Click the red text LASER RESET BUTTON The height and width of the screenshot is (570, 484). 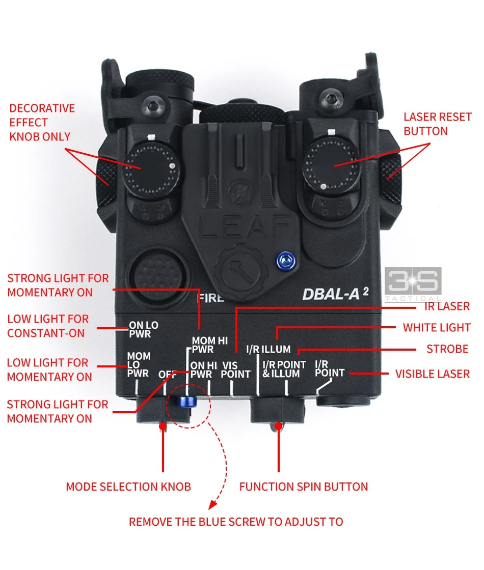coord(437,124)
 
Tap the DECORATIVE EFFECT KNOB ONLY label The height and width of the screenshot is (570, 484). coord(42,122)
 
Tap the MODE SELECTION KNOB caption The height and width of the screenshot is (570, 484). coord(128,487)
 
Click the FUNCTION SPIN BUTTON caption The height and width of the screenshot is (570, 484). coord(304,487)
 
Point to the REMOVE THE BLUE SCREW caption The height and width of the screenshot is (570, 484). coord(236,522)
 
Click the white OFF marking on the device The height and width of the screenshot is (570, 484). coord(168,375)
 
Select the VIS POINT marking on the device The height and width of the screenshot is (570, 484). coord(236,369)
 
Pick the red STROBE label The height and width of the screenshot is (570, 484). coord(448,349)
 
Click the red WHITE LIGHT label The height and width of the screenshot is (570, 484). coord(437,328)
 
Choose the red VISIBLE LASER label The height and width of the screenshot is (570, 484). coord(433,374)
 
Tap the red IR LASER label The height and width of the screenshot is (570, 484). coord(446,306)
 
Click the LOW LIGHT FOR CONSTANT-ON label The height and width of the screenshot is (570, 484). coord(48,326)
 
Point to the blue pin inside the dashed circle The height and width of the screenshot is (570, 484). coord(184,402)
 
